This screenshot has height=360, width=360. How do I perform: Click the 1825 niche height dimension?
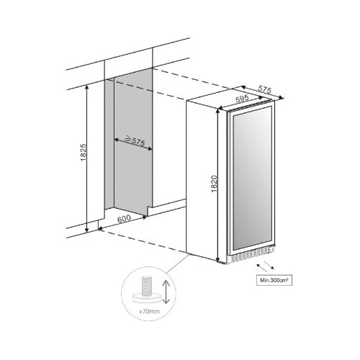click(x=83, y=153)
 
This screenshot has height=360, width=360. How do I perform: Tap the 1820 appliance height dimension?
click(x=214, y=184)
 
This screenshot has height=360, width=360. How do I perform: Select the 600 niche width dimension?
click(x=124, y=218)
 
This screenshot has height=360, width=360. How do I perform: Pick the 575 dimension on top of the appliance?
click(x=264, y=89)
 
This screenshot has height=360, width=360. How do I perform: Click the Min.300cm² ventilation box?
click(x=274, y=280)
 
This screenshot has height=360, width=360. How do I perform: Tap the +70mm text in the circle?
click(x=149, y=312)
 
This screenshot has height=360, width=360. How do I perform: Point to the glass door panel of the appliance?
click(x=252, y=179)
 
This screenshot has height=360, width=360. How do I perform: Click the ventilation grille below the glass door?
click(x=250, y=255)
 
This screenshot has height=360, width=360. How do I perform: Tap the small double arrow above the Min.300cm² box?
click(x=265, y=266)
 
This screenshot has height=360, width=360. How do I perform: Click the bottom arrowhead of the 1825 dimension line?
click(x=87, y=230)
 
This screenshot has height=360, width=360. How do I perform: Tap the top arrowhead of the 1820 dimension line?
click(x=218, y=111)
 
